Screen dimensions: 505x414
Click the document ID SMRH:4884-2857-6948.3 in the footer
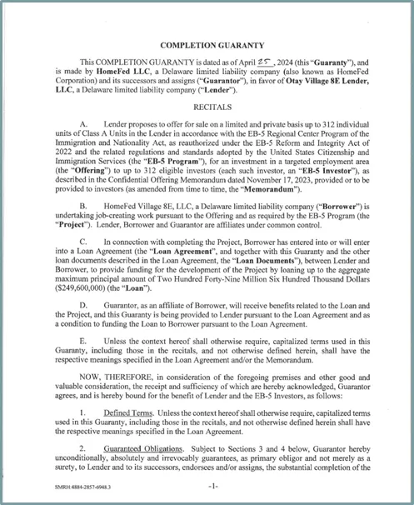click(78, 485)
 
